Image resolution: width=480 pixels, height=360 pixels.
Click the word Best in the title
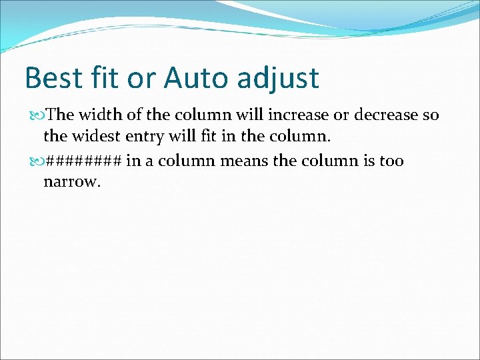[52, 78]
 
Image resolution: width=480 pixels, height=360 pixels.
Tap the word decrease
[385, 115]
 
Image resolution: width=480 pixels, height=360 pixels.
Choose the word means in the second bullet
[257, 161]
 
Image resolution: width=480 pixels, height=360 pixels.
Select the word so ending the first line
[431, 115]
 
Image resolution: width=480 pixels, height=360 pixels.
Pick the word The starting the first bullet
[61, 115]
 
